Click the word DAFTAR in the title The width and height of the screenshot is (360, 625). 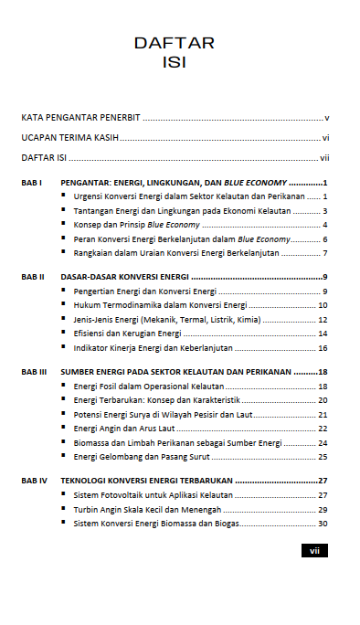point(174,43)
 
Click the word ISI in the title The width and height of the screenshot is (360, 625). point(174,62)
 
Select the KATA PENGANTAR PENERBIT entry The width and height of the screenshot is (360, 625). point(80,119)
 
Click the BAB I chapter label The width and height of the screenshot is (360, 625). point(32,183)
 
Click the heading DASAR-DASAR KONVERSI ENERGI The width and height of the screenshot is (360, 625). point(125,277)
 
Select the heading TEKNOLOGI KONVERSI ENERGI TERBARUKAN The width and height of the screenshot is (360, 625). point(146,481)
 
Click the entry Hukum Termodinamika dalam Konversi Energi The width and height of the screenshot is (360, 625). point(160,305)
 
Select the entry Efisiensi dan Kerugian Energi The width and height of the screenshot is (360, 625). point(127,334)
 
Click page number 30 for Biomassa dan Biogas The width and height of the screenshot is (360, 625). point(323,524)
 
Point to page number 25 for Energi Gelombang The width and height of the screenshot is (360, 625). point(323,457)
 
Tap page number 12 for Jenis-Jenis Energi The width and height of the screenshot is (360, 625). point(323,320)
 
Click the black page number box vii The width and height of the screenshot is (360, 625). point(313,551)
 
